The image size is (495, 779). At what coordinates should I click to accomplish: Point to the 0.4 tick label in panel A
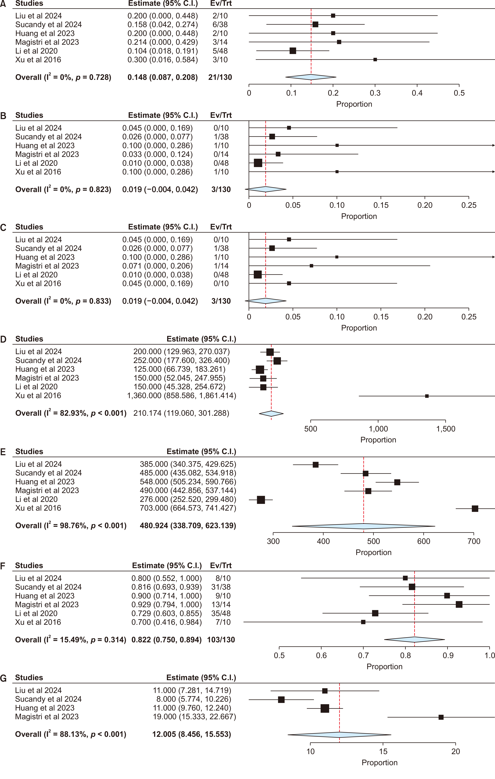point(417,93)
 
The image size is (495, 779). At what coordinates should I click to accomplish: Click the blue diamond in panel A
point(311,77)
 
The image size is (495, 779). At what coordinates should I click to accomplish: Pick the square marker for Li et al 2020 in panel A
point(293,51)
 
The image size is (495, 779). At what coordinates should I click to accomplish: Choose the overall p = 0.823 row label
point(63,190)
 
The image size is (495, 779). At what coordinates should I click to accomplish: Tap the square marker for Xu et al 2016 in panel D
point(427,396)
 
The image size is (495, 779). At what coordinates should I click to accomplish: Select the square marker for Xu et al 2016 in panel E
point(475,509)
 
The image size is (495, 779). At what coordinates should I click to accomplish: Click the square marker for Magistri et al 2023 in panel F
point(459,604)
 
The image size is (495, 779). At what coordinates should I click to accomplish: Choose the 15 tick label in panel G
point(383,751)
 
